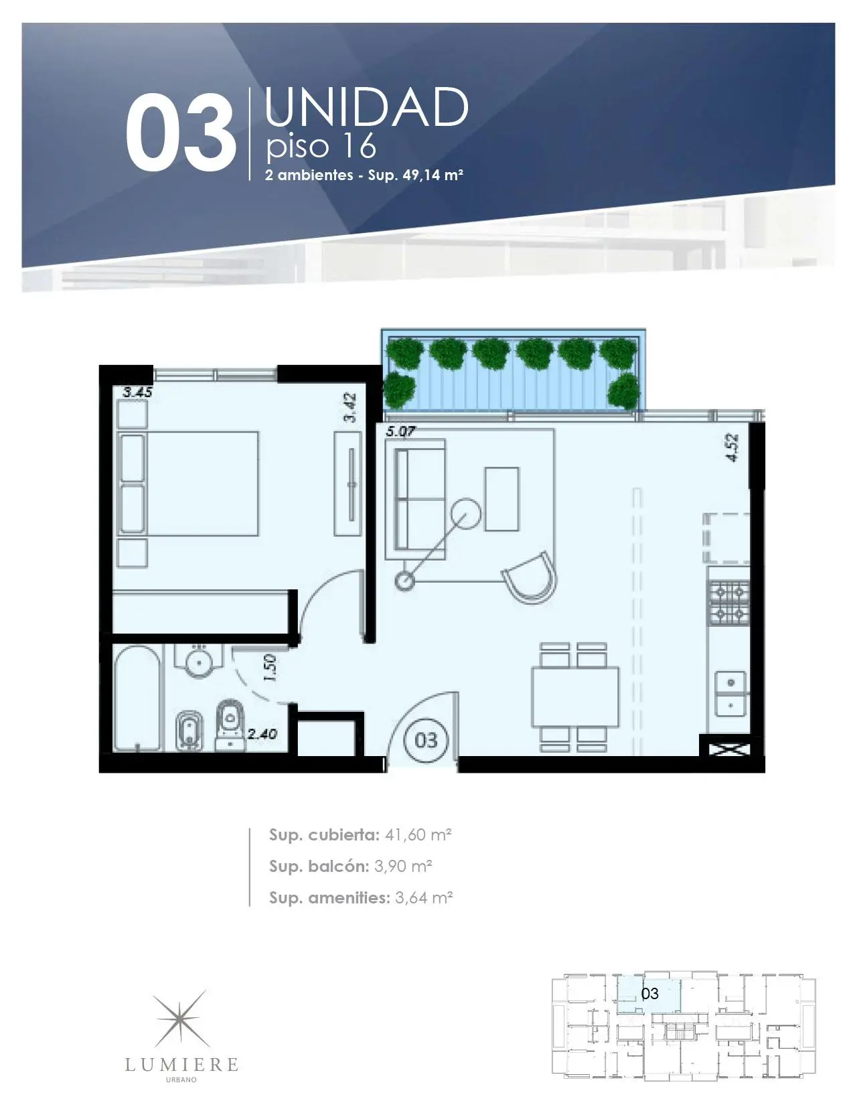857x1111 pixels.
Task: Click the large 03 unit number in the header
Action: [181, 132]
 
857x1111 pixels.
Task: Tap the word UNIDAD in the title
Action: [366, 107]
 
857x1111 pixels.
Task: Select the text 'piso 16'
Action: [321, 146]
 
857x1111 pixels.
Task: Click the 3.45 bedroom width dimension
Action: [137, 392]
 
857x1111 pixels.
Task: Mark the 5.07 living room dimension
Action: [400, 431]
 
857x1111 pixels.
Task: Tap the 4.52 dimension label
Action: [732, 448]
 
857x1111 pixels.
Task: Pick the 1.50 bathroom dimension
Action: [270, 668]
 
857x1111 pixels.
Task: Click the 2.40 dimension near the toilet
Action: [262, 734]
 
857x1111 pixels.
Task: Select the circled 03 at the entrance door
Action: [426, 740]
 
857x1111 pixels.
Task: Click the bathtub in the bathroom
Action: [137, 698]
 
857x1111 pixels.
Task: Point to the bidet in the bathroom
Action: [189, 730]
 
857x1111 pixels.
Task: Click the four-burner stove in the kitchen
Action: [728, 603]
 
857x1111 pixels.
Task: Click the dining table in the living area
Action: [575, 696]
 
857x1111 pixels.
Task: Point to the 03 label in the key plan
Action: [649, 993]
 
